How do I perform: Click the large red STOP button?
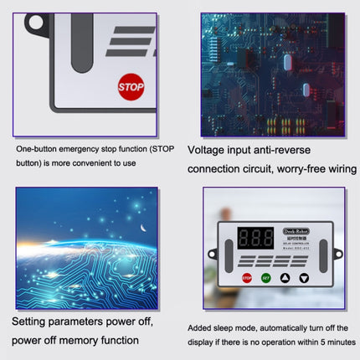point(131,86)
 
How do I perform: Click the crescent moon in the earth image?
point(143,227)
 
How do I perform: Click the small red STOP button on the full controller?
point(246,278)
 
